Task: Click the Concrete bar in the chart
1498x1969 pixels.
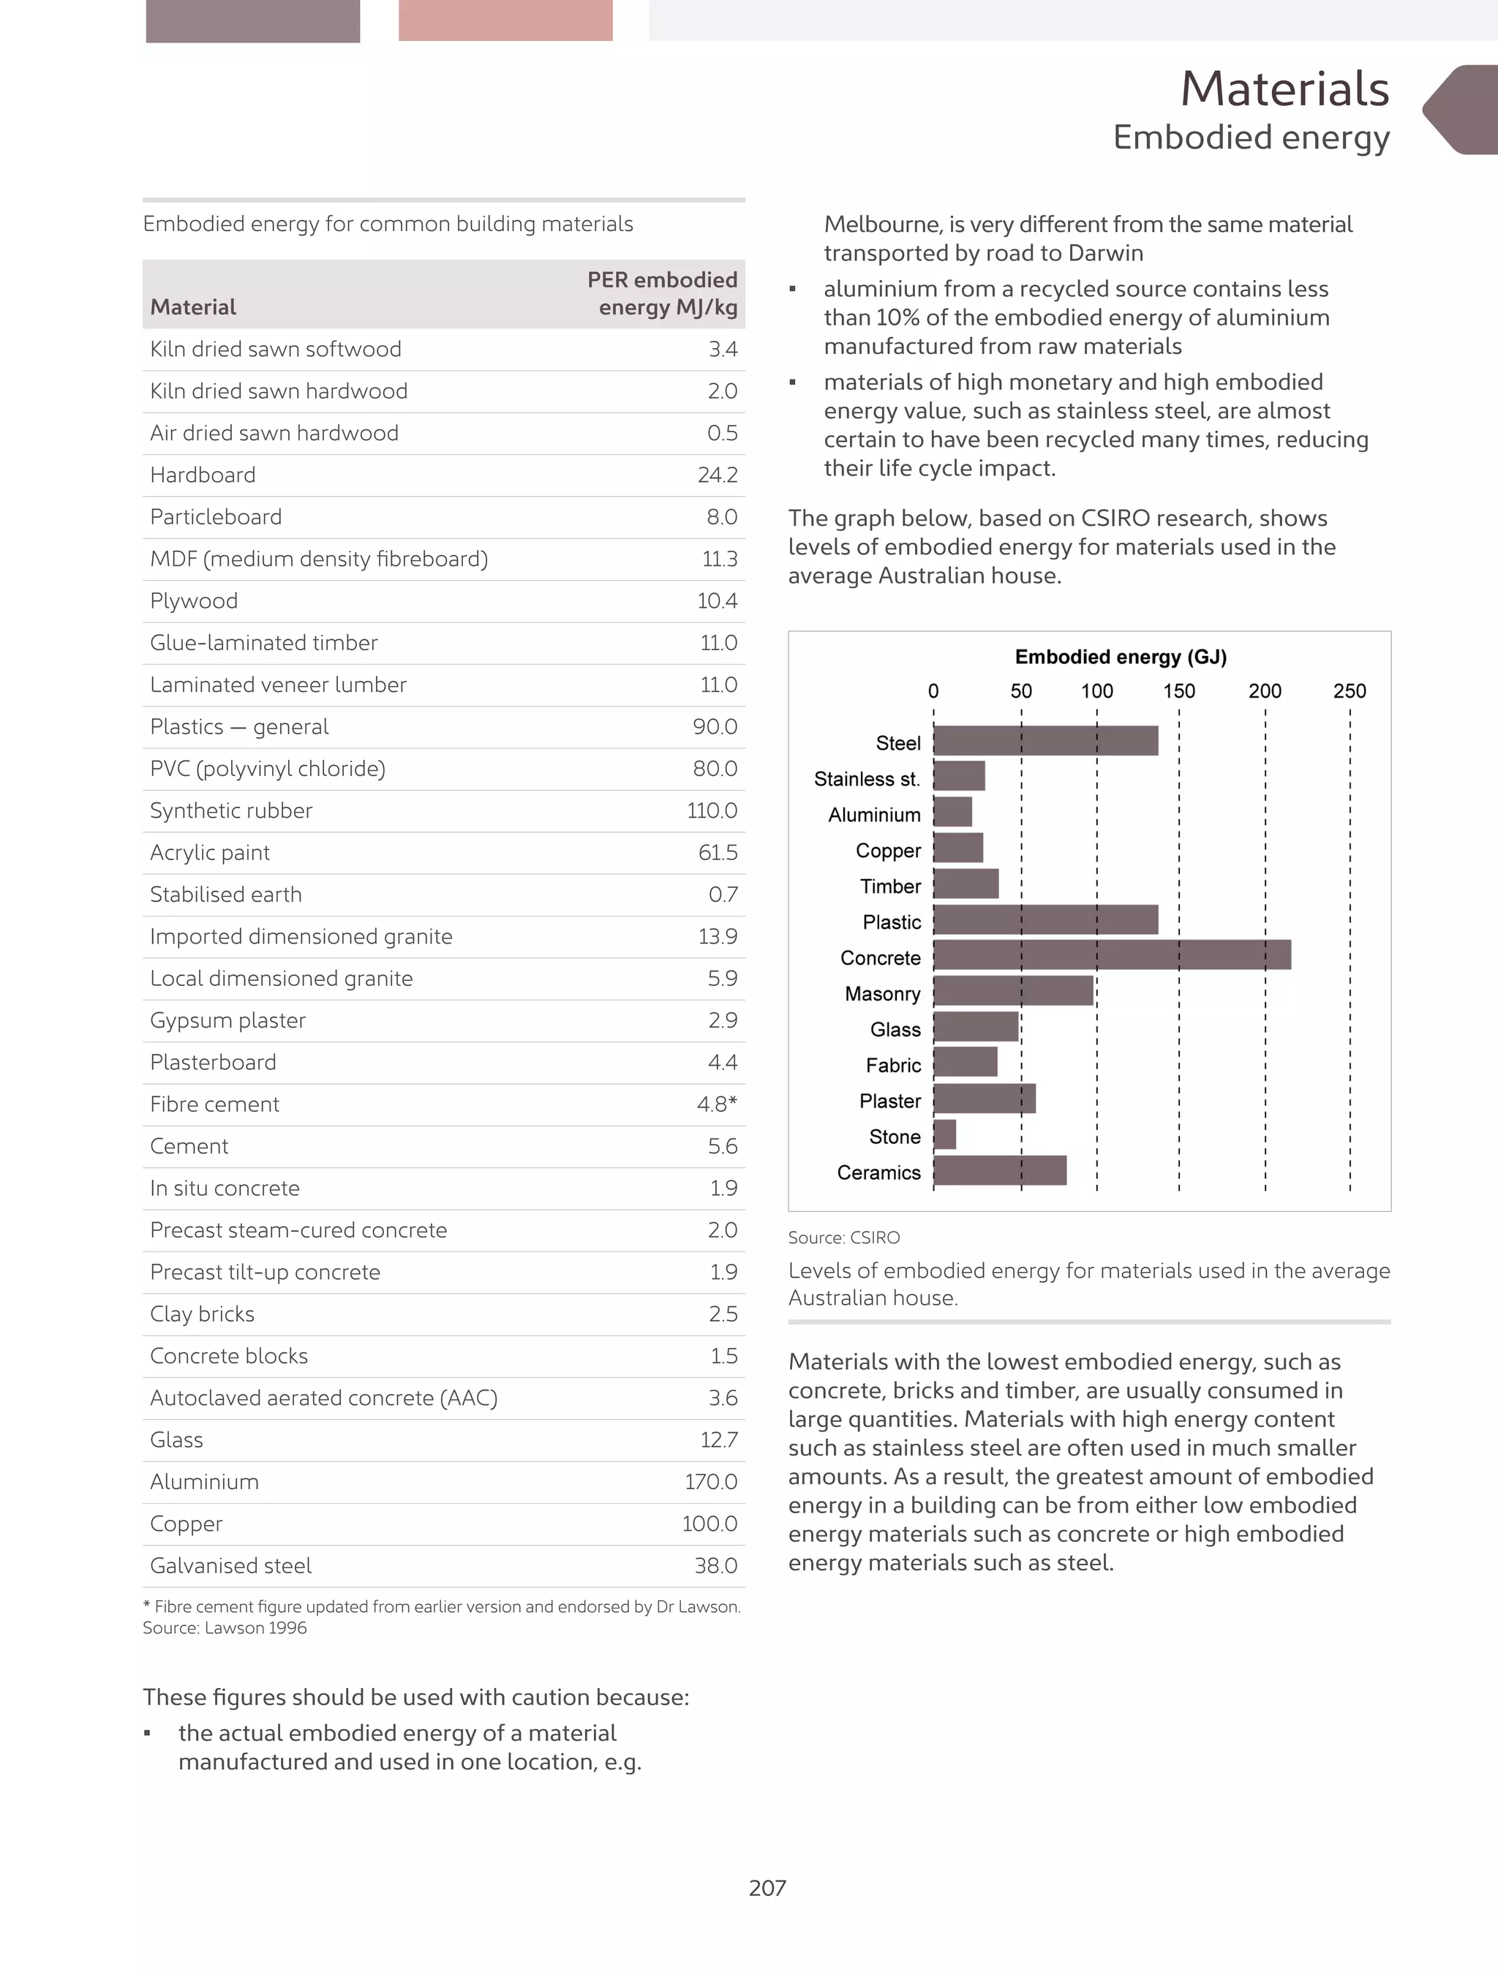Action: [x=1111, y=955]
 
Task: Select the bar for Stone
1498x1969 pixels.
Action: [x=944, y=1134]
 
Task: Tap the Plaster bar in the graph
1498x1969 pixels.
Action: [x=985, y=1099]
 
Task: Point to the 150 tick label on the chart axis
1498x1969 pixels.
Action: [x=1179, y=691]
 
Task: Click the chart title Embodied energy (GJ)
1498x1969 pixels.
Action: [x=1121, y=658]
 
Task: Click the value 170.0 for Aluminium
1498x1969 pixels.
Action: [x=711, y=1482]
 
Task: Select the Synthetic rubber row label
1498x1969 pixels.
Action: [x=231, y=810]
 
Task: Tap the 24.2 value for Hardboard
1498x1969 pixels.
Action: [x=717, y=475]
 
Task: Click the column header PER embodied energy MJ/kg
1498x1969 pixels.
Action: [x=663, y=293]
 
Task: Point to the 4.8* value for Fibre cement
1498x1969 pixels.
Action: [x=717, y=1104]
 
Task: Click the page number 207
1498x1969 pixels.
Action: [x=767, y=1888]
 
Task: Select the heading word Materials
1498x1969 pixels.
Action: [x=1284, y=89]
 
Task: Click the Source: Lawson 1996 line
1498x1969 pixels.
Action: [x=225, y=1627]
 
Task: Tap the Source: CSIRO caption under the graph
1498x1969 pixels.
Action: [x=843, y=1238]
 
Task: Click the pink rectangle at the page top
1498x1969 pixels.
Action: [x=505, y=20]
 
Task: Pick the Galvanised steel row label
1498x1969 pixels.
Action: [x=231, y=1566]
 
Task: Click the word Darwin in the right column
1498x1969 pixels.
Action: [x=1106, y=253]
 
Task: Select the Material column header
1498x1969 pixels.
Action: [x=192, y=308]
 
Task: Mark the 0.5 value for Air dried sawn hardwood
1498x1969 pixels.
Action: [x=722, y=434]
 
